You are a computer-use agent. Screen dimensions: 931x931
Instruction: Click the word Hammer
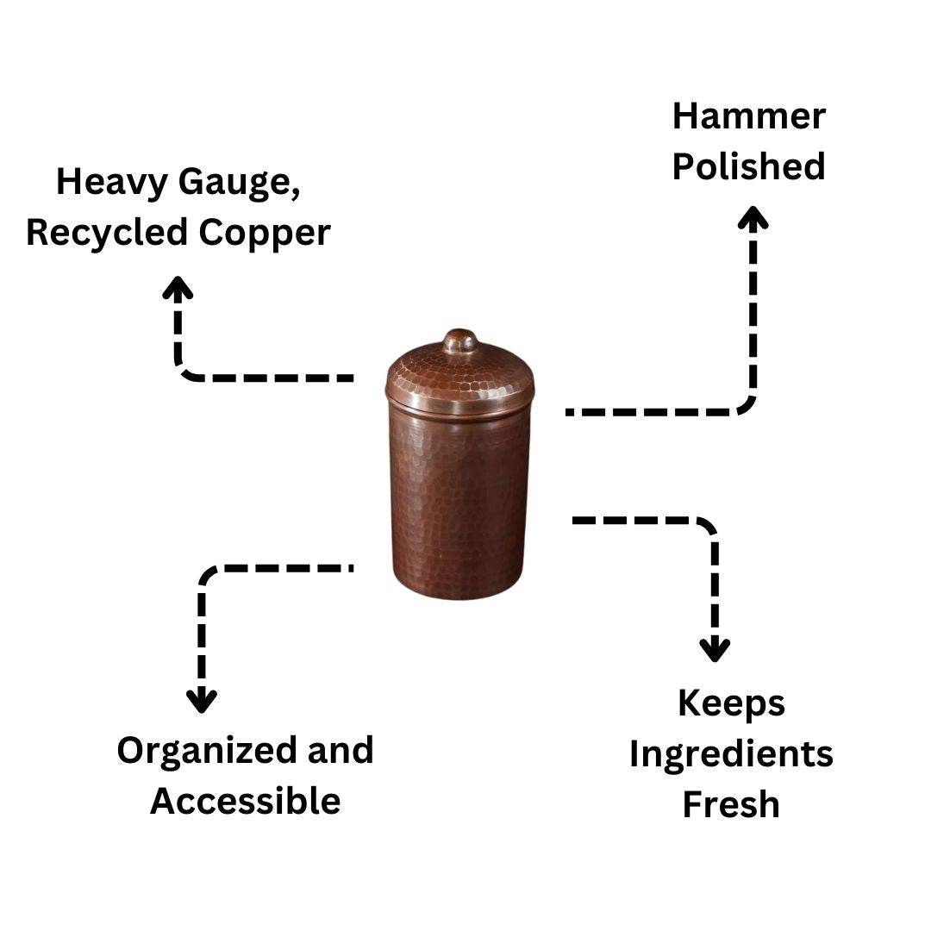(x=748, y=116)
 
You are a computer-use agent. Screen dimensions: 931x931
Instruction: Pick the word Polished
(x=748, y=166)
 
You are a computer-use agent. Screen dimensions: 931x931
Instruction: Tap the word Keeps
(x=731, y=703)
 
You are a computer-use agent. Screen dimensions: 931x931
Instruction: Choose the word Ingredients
(x=731, y=754)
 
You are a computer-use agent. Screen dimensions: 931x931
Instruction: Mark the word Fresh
(x=731, y=804)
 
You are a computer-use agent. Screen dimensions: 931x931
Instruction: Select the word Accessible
(x=246, y=801)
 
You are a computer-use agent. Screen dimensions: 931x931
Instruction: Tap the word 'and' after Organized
(x=341, y=750)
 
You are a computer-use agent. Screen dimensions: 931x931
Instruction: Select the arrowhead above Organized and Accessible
(x=202, y=701)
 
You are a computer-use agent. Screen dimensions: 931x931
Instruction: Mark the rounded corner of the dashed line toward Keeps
(x=707, y=528)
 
